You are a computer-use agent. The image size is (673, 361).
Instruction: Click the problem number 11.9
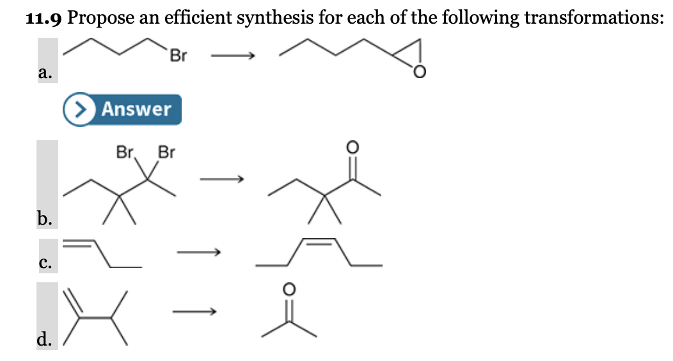coord(44,17)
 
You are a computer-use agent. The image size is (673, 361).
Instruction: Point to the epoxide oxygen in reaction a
coord(418,72)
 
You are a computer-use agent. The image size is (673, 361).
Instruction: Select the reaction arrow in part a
coord(234,57)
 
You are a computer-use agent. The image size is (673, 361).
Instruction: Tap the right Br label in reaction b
coord(166,153)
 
